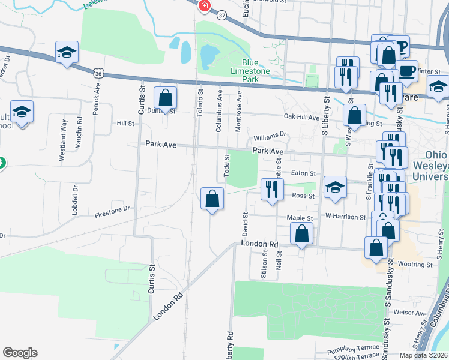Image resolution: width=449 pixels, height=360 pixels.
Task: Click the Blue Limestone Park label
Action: click(x=258, y=67)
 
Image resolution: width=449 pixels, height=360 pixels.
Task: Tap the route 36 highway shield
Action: click(x=99, y=73)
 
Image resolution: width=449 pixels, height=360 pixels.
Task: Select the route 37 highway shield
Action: click(x=223, y=14)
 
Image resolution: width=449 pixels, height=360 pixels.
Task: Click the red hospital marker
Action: click(x=204, y=6)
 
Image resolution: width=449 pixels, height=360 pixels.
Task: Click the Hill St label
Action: click(x=125, y=123)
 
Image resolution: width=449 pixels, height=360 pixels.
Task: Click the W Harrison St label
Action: click(x=345, y=217)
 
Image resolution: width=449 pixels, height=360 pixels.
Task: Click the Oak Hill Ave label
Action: click(x=302, y=117)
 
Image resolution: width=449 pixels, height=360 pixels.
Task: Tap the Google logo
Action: click(x=20, y=353)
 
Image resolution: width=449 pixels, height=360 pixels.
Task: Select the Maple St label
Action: click(x=300, y=218)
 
